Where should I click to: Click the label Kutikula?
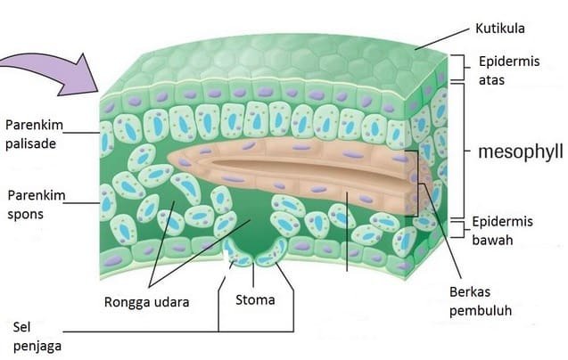(x=500, y=29)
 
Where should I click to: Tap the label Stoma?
(x=255, y=299)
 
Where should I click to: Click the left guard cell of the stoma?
(x=237, y=253)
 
